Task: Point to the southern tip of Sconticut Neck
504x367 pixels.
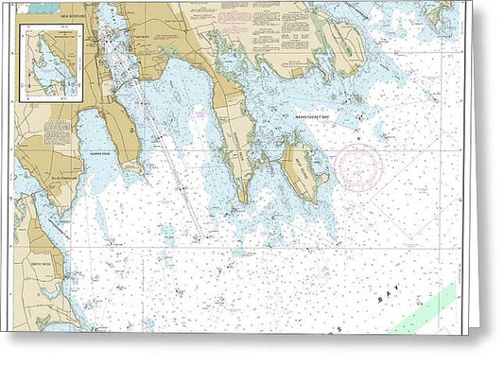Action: click(242, 199)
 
